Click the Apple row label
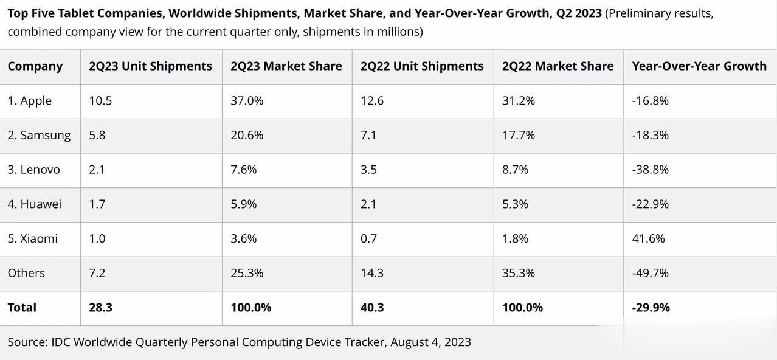[29, 101]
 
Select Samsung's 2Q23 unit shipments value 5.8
[97, 135]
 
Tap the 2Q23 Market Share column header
[286, 66]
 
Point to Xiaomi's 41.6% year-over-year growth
[648, 238]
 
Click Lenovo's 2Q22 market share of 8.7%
[515, 170]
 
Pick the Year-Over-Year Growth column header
[699, 66]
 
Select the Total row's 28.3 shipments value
[100, 308]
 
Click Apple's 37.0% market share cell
[247, 101]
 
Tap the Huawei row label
[34, 204]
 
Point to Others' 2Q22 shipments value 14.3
[371, 273]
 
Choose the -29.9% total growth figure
[651, 308]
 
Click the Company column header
[35, 66]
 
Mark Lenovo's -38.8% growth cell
[650, 170]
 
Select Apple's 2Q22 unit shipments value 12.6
[371, 101]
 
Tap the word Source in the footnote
[27, 342]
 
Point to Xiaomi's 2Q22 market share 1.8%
[515, 238]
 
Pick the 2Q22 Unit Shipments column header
[422, 66]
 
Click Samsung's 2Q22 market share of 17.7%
[518, 135]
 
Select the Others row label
[26, 273]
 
